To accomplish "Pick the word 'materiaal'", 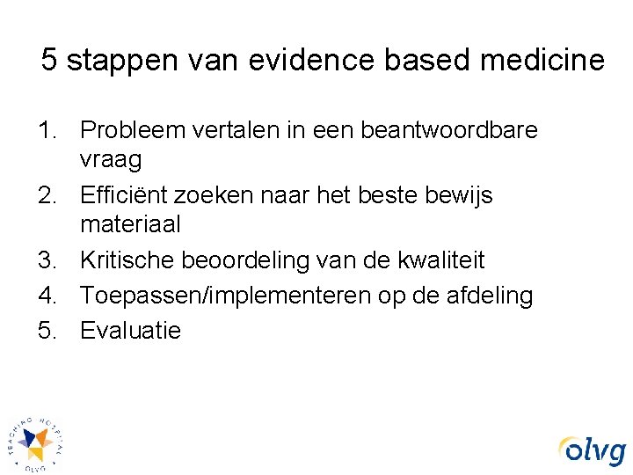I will pyautogui.click(x=130, y=224).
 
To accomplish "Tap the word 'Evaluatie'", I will pyautogui.click(x=130, y=331).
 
